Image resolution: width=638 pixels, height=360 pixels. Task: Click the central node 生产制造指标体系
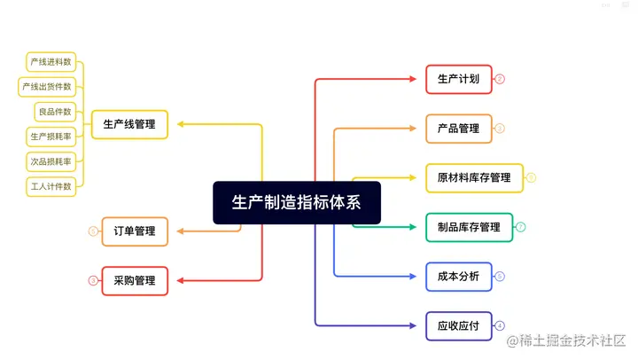click(296, 202)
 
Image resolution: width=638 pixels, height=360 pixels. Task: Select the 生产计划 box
click(458, 79)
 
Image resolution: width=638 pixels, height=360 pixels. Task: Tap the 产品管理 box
click(458, 129)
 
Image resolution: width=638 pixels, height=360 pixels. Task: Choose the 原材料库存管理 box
click(474, 177)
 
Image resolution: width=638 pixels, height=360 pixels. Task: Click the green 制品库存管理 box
click(469, 227)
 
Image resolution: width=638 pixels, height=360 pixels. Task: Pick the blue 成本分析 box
click(458, 277)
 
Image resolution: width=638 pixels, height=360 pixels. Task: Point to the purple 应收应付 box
click(458, 326)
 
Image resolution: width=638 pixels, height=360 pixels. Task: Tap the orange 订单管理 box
click(135, 231)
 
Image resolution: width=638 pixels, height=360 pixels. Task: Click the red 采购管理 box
click(135, 281)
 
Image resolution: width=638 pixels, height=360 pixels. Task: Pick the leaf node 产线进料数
click(51, 62)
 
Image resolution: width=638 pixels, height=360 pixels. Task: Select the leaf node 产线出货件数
click(47, 87)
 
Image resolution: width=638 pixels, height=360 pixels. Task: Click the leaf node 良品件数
click(55, 112)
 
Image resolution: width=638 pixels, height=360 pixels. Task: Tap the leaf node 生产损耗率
click(51, 137)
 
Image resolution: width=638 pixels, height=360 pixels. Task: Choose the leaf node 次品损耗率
click(51, 161)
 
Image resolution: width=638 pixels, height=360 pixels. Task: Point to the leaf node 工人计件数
click(51, 186)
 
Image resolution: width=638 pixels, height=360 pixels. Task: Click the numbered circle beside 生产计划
click(500, 79)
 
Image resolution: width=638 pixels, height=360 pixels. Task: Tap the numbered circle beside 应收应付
click(500, 326)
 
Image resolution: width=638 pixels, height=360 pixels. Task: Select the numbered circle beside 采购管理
click(93, 281)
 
